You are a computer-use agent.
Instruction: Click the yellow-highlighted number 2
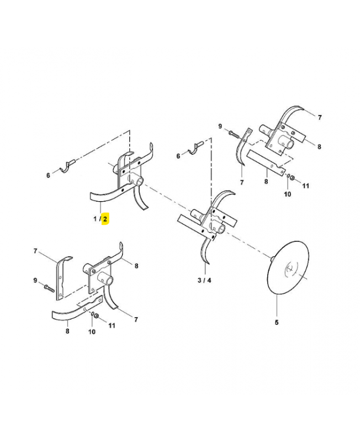105,219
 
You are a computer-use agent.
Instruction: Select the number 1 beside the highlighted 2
95,219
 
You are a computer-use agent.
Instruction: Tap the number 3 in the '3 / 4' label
199,280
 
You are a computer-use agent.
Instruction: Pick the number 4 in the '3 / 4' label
209,280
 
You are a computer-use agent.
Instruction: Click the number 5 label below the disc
277,322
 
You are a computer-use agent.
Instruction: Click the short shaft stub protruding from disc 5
272,259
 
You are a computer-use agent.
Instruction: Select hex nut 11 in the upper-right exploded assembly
292,178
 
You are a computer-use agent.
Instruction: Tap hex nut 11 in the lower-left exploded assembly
97,315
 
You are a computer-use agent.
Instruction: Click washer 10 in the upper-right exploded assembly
288,176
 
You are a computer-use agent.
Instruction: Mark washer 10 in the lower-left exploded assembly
92,314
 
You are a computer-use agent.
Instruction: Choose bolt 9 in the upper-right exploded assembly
234,134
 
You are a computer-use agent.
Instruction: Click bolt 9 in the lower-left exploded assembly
49,288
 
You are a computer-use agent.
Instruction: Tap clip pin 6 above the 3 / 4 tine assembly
196,148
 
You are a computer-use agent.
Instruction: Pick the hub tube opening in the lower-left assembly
109,281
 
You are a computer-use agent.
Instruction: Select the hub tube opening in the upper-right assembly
290,145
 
